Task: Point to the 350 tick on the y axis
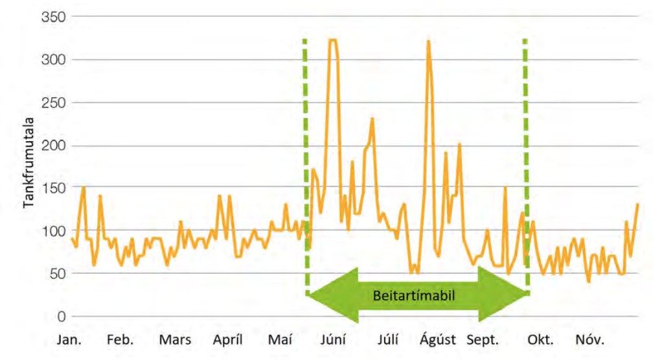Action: click(54, 17)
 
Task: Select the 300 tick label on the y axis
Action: click(54, 60)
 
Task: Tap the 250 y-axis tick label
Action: click(54, 102)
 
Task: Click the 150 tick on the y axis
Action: click(54, 188)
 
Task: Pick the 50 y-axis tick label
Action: click(57, 273)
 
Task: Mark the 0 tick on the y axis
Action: click(62, 317)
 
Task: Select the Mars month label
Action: click(175, 340)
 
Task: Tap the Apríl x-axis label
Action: click(227, 340)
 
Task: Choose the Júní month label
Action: click(333, 340)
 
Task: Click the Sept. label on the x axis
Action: click(484, 340)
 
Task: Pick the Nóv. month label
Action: click(590, 340)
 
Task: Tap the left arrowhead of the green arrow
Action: click(330, 295)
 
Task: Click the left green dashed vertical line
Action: click(305, 162)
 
